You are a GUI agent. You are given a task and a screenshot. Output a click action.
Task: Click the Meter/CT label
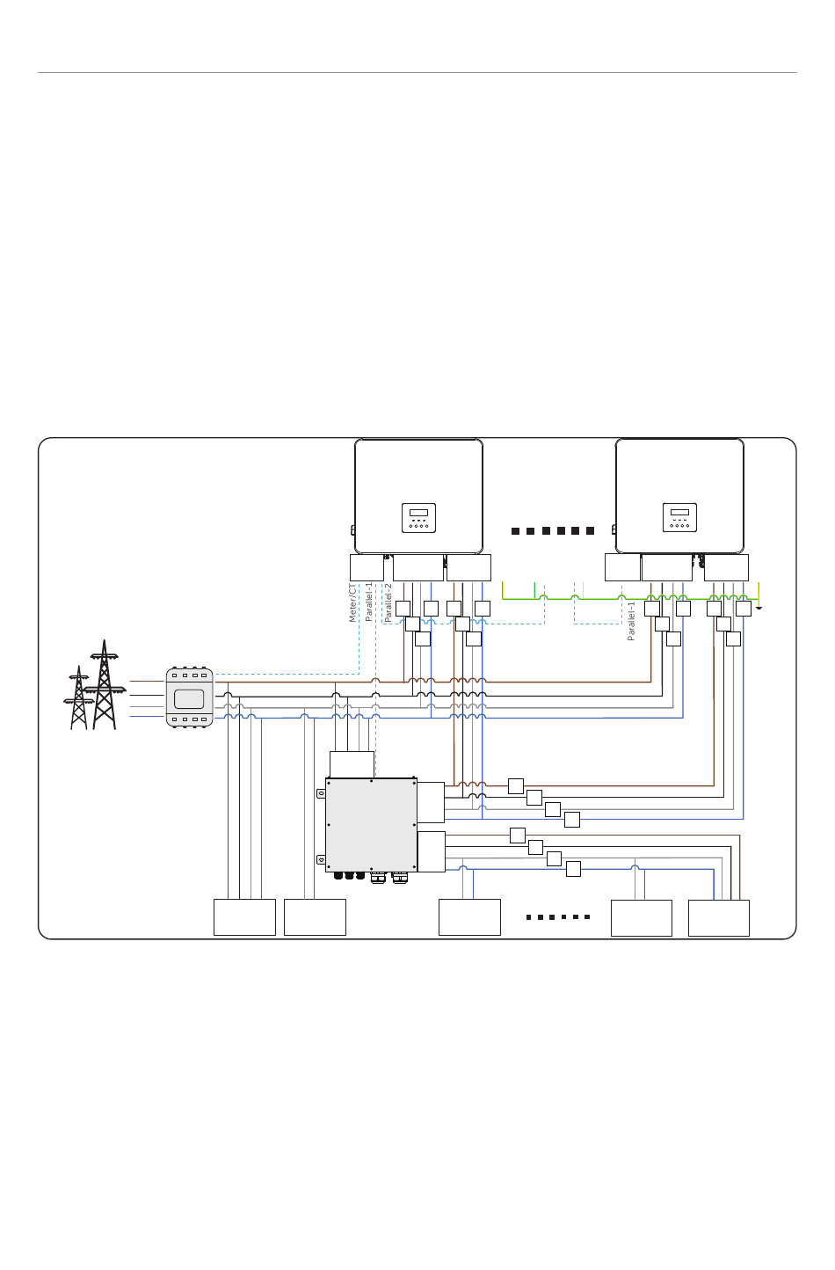coord(352,602)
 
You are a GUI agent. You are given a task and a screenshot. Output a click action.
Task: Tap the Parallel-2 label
coord(388,602)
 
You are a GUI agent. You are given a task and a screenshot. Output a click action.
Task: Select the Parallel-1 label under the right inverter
coord(631,621)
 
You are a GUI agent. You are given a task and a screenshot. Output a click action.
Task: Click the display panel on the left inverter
coord(418,517)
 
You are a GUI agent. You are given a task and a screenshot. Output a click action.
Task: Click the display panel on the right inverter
coord(679,517)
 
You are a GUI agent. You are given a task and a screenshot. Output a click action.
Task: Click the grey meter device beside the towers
coord(189,698)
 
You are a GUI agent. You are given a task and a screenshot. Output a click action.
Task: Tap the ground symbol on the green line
coord(758,607)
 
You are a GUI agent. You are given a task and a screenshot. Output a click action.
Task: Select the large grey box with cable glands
coord(371,824)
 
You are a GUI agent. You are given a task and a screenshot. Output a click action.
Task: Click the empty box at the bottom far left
coord(244,916)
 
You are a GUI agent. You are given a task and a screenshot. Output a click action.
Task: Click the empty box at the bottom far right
coord(718,917)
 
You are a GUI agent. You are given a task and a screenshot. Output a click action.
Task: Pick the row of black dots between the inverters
coord(553,531)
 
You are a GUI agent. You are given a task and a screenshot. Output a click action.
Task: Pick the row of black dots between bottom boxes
coord(557,916)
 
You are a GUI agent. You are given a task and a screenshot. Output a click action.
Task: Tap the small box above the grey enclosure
coord(352,764)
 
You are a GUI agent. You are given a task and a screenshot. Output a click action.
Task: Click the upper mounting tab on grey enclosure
coord(321,793)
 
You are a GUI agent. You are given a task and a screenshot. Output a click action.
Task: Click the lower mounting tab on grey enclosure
coord(321,859)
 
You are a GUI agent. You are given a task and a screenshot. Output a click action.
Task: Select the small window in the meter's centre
coord(189,699)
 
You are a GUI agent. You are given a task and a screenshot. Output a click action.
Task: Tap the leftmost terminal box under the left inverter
coord(367,568)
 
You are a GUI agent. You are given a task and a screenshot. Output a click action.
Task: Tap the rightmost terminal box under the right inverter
coord(726,568)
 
